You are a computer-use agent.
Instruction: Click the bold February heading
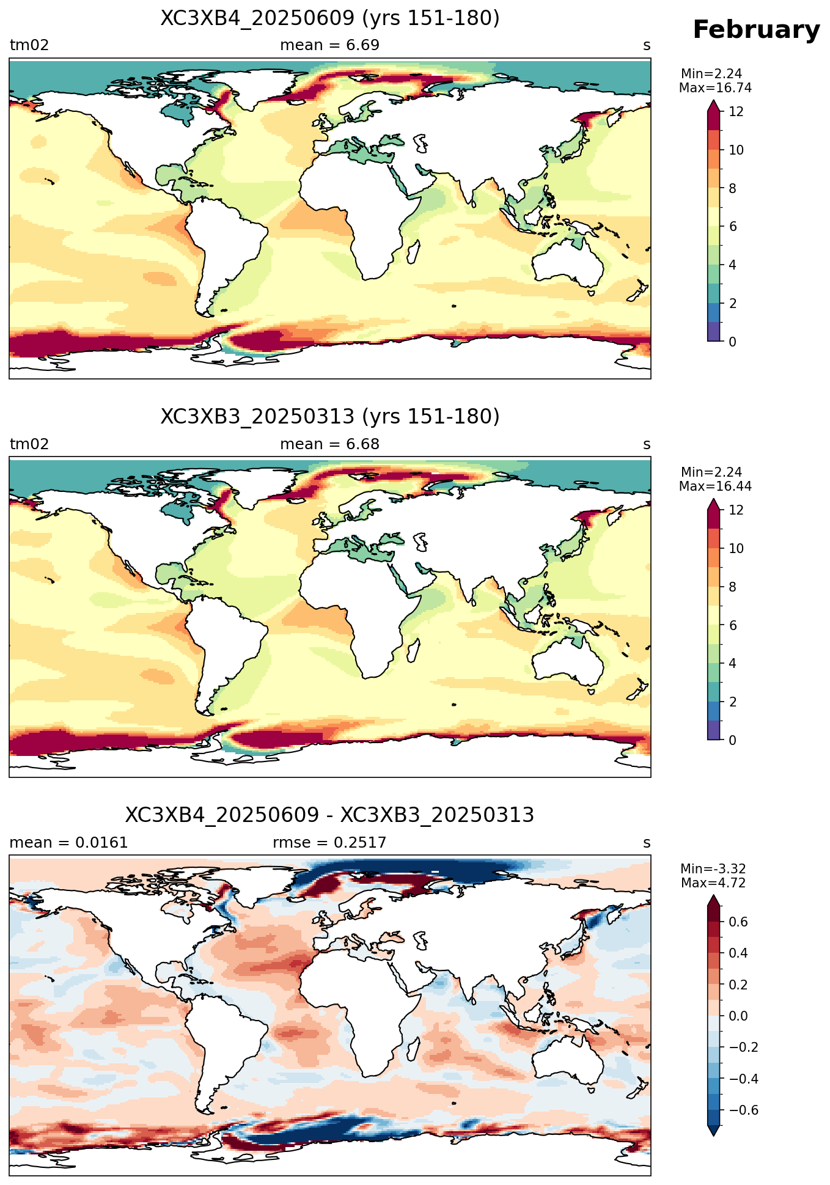756,30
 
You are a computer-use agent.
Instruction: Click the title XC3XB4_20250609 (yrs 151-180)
330,18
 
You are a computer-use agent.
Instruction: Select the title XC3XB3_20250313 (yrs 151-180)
330,417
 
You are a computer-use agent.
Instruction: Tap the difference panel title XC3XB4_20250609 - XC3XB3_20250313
330,815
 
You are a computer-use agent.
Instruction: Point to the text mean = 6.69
329,45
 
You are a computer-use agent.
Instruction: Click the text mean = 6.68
329,444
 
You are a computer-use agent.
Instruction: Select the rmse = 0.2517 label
329,843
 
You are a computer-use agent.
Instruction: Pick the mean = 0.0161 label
68,843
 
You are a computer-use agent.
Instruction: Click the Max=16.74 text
715,88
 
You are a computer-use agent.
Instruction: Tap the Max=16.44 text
715,486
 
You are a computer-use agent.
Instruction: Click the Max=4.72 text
713,883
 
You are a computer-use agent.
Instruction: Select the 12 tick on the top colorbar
736,112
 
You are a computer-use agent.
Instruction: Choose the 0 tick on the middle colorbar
733,740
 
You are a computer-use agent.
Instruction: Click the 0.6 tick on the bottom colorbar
739,922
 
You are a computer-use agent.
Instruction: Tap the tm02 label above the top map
29,45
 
